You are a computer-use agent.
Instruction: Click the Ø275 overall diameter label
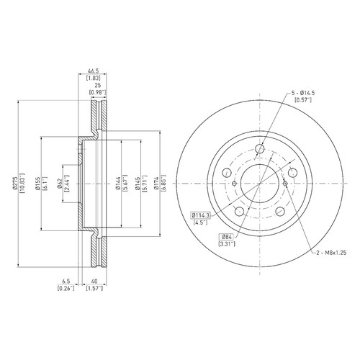click(x=15, y=184)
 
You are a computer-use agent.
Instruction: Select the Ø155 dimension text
click(x=38, y=184)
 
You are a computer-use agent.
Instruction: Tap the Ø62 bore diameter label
click(x=60, y=184)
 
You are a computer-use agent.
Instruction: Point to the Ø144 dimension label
click(x=118, y=184)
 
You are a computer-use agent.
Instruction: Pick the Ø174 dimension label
click(x=156, y=184)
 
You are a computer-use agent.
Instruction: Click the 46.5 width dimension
click(x=93, y=71)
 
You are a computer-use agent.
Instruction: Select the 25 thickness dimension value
click(x=97, y=85)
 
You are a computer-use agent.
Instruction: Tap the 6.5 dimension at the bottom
click(x=66, y=281)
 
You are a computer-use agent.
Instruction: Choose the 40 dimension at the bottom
click(x=94, y=281)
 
